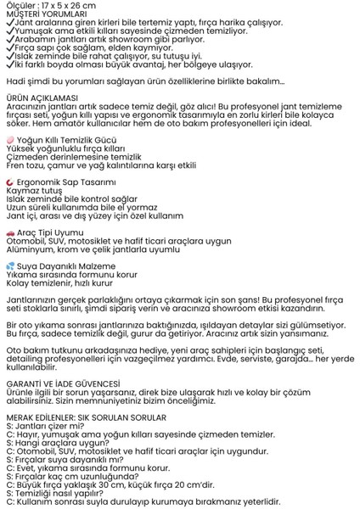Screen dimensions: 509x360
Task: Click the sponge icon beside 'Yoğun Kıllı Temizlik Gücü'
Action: pos(9,139)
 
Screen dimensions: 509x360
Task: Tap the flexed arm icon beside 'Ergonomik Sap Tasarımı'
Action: pos(9,182)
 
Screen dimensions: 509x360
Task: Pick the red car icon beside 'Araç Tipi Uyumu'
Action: pos(9,232)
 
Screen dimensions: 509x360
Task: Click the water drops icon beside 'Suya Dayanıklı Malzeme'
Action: pos(9,266)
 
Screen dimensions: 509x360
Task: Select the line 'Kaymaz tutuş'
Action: pos(29,191)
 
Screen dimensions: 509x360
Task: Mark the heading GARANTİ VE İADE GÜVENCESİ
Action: pos(64,382)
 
